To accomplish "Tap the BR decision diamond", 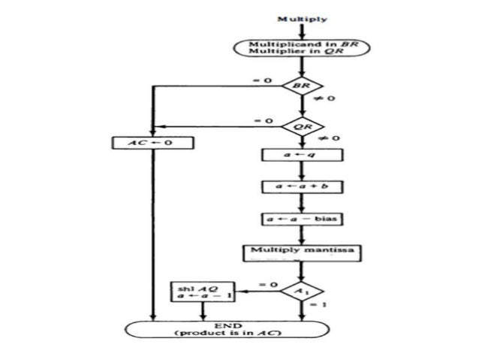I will pyautogui.click(x=300, y=86).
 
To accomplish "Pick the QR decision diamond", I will pyautogui.click(x=300, y=127).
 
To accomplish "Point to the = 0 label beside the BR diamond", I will pyautogui.click(x=258, y=79).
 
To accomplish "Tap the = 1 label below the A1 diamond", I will pyautogui.click(x=321, y=304).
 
